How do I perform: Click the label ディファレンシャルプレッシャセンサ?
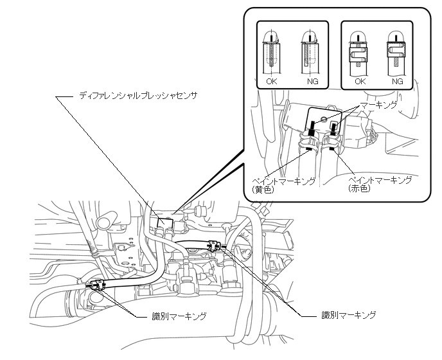pyautogui.click(x=137, y=95)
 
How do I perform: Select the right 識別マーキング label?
pyautogui.click(x=349, y=315)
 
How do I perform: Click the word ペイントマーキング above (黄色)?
pyautogui.click(x=284, y=181)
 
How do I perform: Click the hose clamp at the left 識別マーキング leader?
pyautogui.click(x=96, y=285)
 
